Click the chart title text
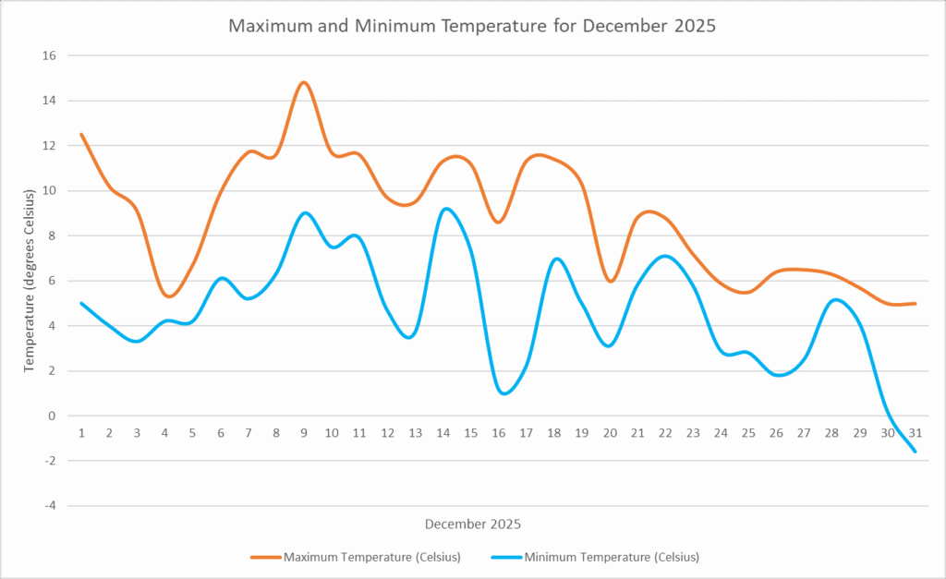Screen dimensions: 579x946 click(x=472, y=26)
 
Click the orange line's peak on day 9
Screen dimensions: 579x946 click(x=304, y=82)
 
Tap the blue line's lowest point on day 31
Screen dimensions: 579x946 click(x=915, y=452)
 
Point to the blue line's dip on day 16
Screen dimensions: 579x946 click(x=503, y=393)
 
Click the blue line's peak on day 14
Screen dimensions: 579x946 click(x=447, y=209)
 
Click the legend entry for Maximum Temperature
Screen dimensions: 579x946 click(x=356, y=557)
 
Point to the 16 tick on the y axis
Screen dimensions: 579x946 click(x=49, y=55)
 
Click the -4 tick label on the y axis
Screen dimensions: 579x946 click(x=51, y=506)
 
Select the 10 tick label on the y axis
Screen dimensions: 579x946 click(x=49, y=191)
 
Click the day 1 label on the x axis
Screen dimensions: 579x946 click(x=81, y=433)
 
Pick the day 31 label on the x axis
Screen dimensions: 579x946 click(x=915, y=433)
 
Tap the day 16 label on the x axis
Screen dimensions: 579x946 click(x=498, y=433)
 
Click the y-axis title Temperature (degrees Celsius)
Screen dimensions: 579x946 click(x=29, y=281)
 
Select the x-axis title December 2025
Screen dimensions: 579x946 click(x=472, y=524)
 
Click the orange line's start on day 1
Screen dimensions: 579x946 click(x=81, y=134)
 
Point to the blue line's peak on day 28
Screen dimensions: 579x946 click(x=833, y=299)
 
